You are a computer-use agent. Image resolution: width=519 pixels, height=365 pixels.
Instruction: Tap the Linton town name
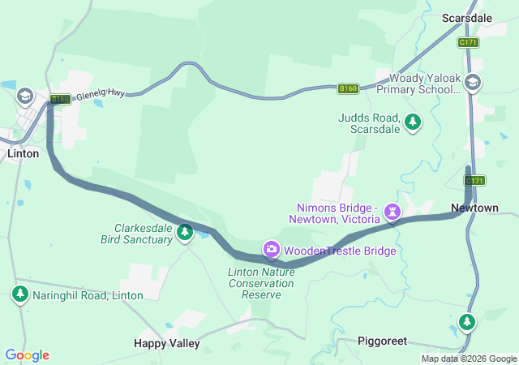pyautogui.click(x=23, y=152)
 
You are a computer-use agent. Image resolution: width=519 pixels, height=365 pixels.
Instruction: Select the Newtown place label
pyautogui.click(x=475, y=208)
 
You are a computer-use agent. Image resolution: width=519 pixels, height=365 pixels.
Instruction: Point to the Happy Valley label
pyautogui.click(x=166, y=343)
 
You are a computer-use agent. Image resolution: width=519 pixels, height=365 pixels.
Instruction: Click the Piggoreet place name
pyautogui.click(x=382, y=341)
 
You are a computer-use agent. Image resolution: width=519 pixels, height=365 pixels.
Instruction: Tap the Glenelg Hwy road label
pyautogui.click(x=100, y=96)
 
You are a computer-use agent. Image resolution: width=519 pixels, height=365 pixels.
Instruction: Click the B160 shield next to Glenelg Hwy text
pyautogui.click(x=60, y=99)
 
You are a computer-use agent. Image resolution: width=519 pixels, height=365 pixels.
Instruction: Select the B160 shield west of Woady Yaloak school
pyautogui.click(x=348, y=88)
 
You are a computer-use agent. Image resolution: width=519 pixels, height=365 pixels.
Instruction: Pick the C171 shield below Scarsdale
pyautogui.click(x=468, y=41)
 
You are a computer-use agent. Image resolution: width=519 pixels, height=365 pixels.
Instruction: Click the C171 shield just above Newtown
pyautogui.click(x=474, y=180)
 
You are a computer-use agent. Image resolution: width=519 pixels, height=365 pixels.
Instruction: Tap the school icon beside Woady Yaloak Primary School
pyautogui.click(x=474, y=82)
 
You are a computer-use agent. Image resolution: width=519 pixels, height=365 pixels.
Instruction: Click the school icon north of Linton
pyautogui.click(x=25, y=97)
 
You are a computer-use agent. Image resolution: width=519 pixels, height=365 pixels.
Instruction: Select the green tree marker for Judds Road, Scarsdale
pyautogui.click(x=414, y=122)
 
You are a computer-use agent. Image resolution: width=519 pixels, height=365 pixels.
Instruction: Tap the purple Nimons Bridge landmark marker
pyautogui.click(x=393, y=212)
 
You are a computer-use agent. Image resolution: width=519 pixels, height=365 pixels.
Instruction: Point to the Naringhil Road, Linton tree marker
pyautogui.click(x=20, y=294)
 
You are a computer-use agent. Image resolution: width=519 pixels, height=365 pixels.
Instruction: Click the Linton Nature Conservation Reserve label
pyautogui.click(x=261, y=283)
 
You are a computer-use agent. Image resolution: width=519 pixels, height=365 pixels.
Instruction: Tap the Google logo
pyautogui.click(x=27, y=355)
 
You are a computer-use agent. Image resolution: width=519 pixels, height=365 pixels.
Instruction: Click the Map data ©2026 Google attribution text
pyautogui.click(x=469, y=359)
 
